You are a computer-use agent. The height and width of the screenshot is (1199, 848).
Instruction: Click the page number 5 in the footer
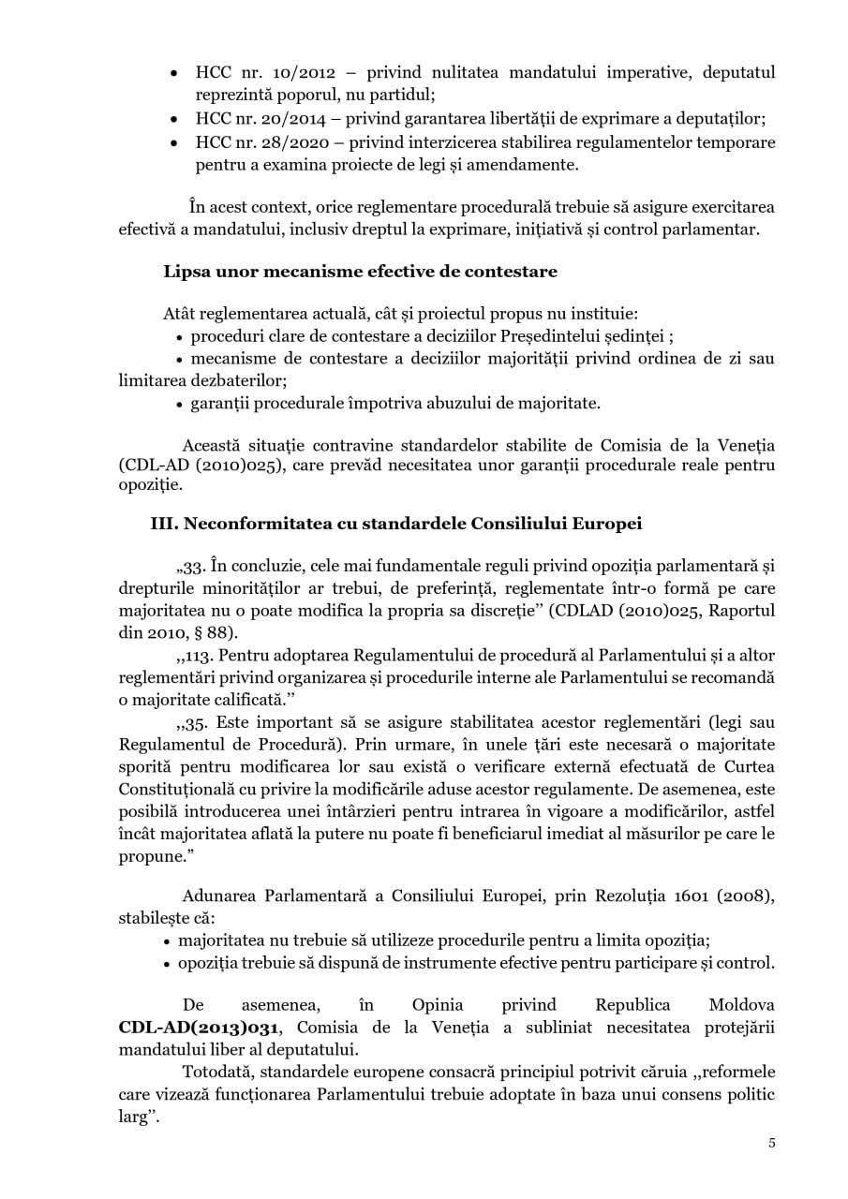pos(772,1143)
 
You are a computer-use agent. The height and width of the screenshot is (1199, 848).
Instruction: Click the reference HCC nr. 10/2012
pos(251,71)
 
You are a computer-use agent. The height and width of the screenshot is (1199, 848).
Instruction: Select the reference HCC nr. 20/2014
pos(251,119)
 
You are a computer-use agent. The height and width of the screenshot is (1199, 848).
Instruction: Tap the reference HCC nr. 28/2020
pos(251,142)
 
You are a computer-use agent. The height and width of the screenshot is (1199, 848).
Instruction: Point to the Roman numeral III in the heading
pos(164,523)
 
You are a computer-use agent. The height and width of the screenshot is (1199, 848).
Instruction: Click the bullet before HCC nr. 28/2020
pos(173,143)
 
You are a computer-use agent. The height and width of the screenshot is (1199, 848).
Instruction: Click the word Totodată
pos(213,1071)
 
